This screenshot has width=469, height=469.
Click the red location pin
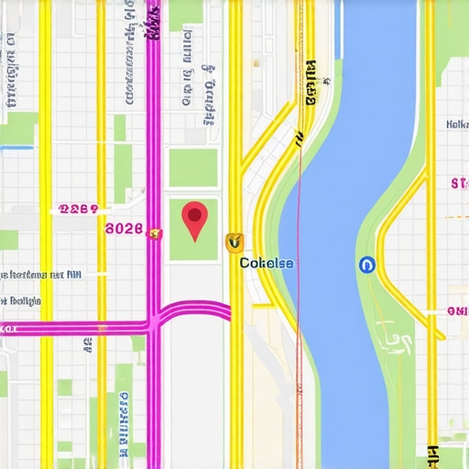point(195,219)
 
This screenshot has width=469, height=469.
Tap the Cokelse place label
point(267,263)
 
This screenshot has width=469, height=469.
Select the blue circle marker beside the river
point(367,265)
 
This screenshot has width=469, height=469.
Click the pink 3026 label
point(125,229)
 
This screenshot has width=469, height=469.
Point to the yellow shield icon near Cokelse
point(234,242)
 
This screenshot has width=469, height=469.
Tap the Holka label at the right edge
point(456,124)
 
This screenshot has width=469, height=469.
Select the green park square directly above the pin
point(193,168)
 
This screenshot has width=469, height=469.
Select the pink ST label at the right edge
point(459,184)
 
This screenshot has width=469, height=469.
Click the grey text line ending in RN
point(41,274)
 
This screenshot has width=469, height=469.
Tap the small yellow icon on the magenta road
point(155,233)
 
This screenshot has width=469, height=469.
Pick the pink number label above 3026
point(78,209)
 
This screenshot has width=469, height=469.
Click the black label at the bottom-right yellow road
point(431,453)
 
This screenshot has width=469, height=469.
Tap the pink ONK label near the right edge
point(457,311)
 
